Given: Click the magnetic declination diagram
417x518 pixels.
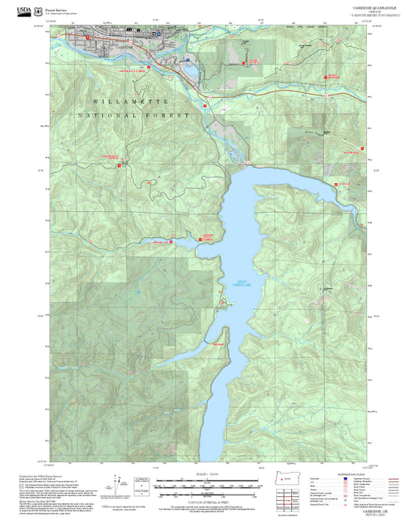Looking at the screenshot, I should [119, 486].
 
